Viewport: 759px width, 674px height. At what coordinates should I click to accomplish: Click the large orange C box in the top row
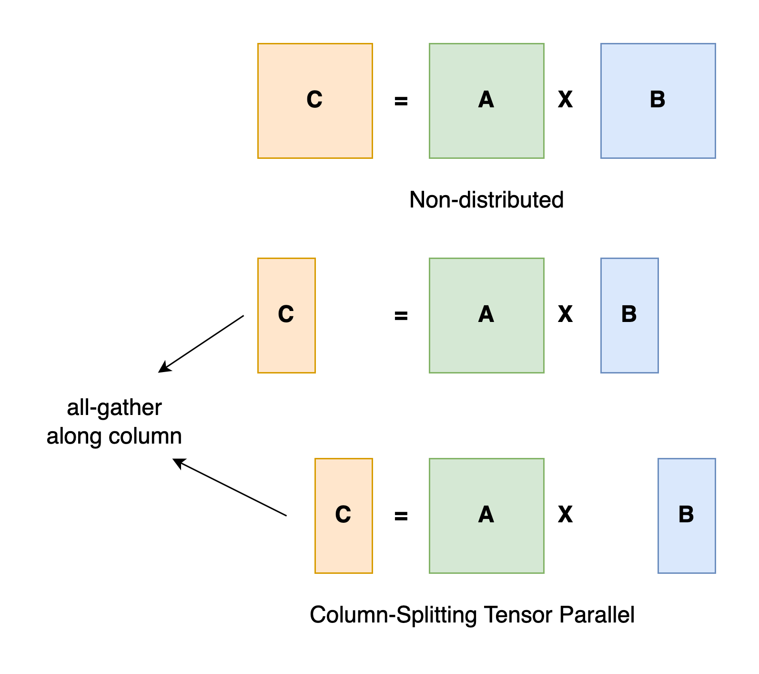coord(315,101)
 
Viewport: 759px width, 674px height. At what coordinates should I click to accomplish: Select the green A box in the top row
coord(486,101)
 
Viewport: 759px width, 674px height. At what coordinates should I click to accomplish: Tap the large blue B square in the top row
coord(658,101)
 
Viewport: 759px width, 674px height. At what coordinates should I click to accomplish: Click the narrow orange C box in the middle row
coord(286,315)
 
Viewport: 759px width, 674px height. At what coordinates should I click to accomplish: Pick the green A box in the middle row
coord(486,315)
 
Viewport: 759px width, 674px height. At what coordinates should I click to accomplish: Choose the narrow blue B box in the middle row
coord(629,315)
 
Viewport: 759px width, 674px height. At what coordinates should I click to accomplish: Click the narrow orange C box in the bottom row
coord(344,516)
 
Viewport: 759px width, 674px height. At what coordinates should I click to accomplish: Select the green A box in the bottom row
coord(486,516)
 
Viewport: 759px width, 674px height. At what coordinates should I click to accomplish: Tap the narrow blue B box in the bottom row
coord(687,516)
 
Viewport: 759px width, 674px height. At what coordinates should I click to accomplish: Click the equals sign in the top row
coord(401,101)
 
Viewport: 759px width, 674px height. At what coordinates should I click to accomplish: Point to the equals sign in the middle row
coord(401,316)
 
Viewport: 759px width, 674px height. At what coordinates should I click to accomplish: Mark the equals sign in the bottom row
coord(401,516)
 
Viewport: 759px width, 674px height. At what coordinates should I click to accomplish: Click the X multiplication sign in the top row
coord(565,100)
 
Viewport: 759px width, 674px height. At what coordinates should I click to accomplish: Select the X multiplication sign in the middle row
coord(565,314)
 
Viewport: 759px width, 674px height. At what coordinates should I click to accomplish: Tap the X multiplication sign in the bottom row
coord(565,515)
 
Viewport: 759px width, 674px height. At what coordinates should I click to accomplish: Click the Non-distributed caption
coord(486,200)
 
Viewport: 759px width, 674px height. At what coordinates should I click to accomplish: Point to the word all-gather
coord(114,408)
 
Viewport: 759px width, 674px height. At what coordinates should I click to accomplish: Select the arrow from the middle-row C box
coord(201,343)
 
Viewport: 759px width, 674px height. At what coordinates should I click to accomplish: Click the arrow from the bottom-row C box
coord(230,487)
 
